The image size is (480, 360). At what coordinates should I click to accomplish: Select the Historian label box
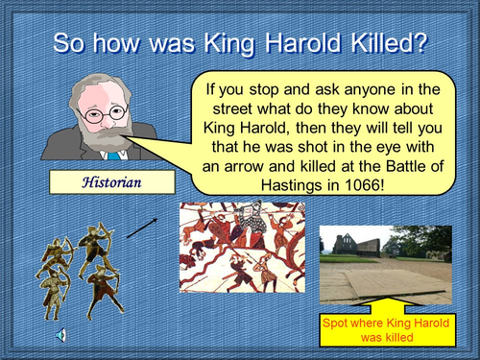point(112,180)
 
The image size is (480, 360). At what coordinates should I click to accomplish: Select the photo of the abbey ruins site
point(385,264)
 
